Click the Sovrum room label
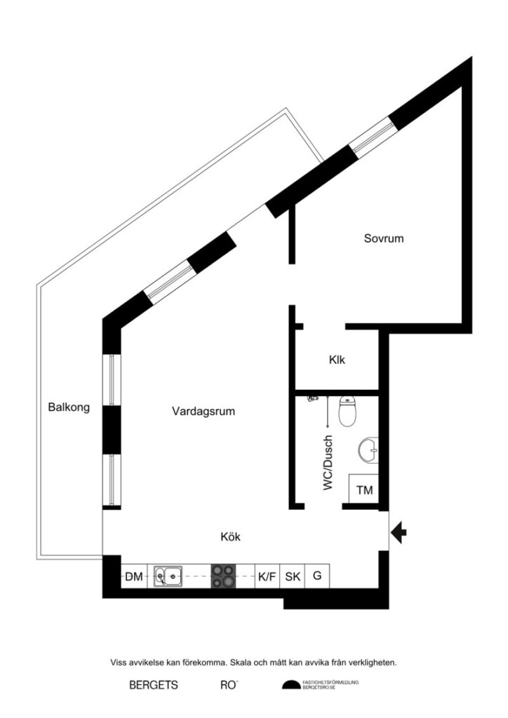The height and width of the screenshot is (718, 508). (383, 238)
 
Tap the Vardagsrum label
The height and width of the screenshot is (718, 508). (203, 412)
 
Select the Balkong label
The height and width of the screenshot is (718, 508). (69, 407)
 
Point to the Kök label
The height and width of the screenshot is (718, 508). (230, 537)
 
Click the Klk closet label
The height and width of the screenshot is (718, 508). (337, 360)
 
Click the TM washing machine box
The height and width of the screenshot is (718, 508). (364, 490)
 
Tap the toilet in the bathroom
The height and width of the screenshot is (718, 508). (347, 412)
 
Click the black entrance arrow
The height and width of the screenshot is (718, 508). (399, 533)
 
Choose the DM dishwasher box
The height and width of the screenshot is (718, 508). (134, 577)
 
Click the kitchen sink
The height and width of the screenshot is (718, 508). (168, 577)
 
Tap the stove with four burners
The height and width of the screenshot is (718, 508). (224, 576)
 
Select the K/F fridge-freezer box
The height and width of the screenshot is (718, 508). (267, 577)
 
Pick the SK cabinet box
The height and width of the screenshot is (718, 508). (293, 577)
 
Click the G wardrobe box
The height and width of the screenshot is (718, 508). (317, 576)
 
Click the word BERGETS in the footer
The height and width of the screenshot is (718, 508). (154, 685)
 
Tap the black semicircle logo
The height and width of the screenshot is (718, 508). (290, 685)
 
